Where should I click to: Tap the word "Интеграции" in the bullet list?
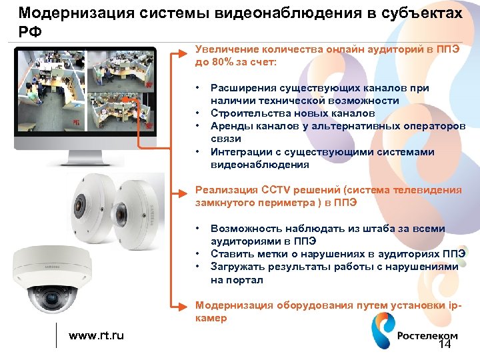pos(240,152)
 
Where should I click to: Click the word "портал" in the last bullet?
pos(247,280)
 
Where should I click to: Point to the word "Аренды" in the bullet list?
pos(229,126)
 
